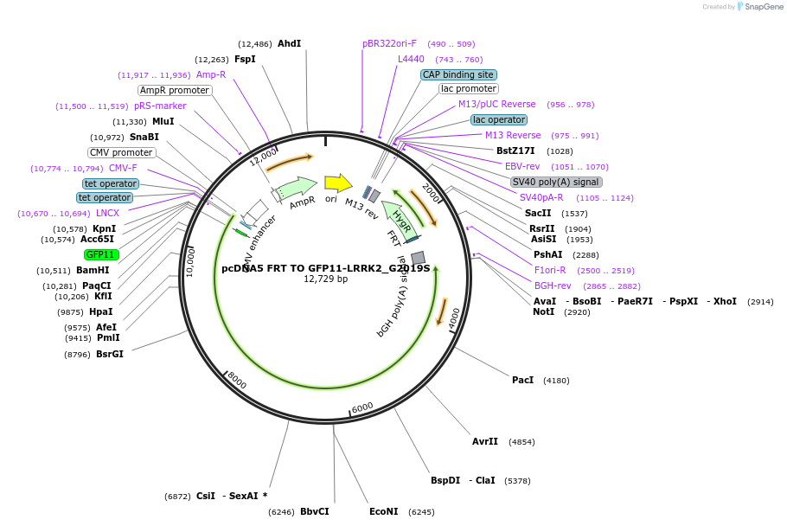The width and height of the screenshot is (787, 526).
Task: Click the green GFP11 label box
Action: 101,254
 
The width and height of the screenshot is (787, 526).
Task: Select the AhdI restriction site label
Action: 289,43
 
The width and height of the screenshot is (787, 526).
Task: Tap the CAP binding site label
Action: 458,74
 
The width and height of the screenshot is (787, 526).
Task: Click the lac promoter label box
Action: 469,88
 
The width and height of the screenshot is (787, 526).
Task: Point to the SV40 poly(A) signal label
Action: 556,182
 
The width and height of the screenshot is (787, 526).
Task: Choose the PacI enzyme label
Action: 522,380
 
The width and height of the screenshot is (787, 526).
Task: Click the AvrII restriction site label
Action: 485,441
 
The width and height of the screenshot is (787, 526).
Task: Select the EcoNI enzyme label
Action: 383,511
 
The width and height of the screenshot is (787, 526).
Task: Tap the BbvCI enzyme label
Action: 315,511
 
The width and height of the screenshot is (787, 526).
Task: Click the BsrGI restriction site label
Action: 110,354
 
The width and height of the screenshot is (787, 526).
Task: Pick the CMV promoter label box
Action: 121,152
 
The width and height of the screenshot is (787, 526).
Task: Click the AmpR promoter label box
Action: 174,90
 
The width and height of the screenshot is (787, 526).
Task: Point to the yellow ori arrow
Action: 337,183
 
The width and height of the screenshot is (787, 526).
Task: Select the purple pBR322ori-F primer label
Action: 389,43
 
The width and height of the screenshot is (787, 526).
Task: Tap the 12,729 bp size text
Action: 325,279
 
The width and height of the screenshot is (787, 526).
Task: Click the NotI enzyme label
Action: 544,311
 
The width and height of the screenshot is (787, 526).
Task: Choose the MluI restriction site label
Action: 163,121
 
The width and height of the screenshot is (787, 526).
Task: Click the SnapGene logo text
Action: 758,6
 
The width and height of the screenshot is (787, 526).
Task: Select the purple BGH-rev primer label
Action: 553,285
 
